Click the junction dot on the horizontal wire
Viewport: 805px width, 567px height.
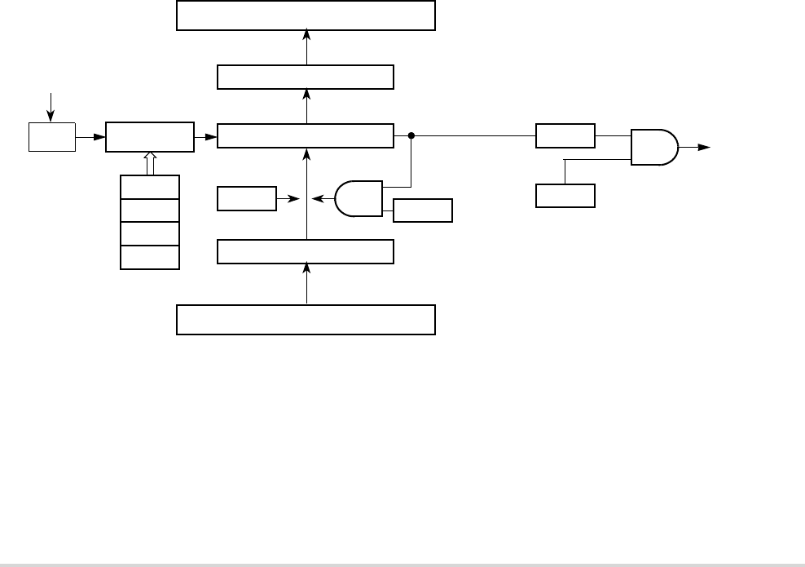(411, 136)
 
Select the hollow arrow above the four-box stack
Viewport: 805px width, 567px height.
(150, 162)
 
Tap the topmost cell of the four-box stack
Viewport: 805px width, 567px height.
(150, 187)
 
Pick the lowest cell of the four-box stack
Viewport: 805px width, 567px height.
(150, 257)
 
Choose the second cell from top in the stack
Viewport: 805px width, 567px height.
(150, 210)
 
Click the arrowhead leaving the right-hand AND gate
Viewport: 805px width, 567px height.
(703, 148)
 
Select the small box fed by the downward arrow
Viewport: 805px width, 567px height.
(51, 137)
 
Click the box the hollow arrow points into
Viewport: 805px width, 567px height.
(150, 137)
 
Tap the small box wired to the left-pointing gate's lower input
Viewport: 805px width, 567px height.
(422, 210)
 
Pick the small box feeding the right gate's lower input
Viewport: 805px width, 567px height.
(565, 196)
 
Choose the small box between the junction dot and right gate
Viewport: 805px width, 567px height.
(565, 136)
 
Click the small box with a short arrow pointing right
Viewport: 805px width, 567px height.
(247, 198)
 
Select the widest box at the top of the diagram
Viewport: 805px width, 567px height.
(306, 16)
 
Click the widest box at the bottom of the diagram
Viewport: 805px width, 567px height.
(306, 319)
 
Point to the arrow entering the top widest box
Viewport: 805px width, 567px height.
(306, 34)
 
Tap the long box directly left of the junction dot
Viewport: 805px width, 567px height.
(306, 136)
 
